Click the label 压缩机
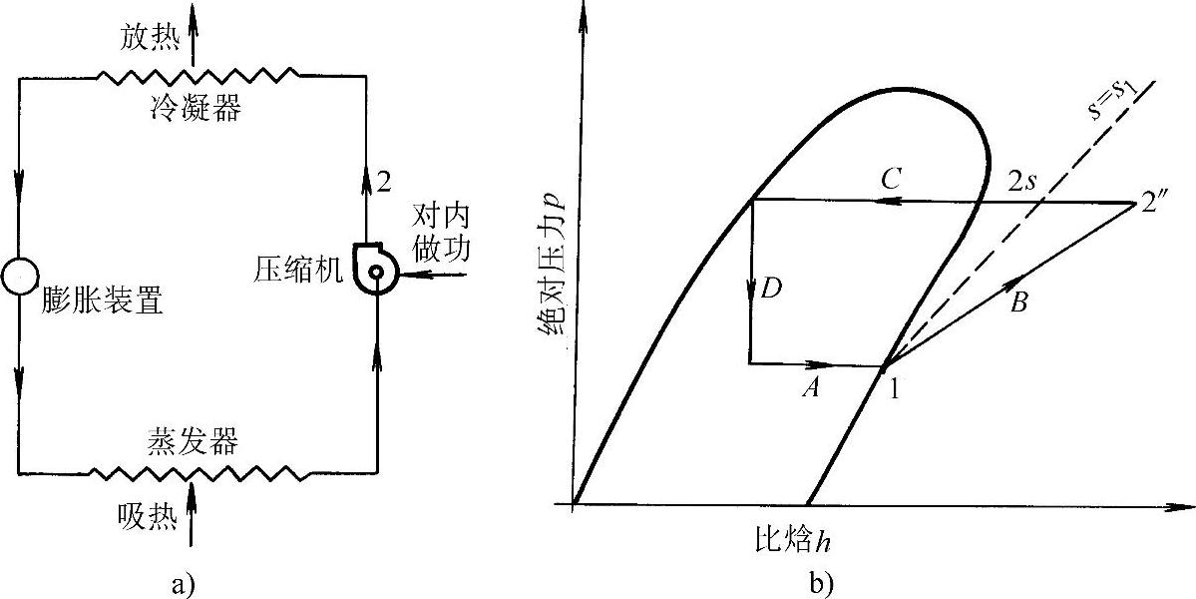300,269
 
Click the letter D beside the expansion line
770,290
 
